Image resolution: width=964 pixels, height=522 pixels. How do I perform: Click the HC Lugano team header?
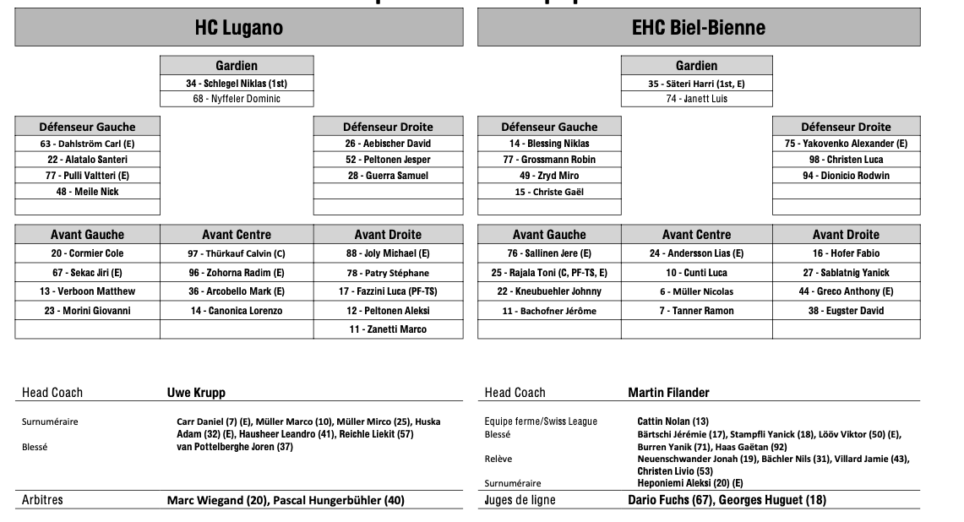click(239, 28)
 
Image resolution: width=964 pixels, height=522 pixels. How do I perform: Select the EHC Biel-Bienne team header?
click(698, 28)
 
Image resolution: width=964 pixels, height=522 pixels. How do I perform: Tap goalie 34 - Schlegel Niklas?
click(237, 84)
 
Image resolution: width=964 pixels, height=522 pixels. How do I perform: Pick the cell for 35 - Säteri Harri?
click(696, 84)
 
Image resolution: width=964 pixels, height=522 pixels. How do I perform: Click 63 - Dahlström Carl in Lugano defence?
click(88, 144)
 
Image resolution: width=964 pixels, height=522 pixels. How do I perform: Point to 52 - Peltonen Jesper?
click(388, 160)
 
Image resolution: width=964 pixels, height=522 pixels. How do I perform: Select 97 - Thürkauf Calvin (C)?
click(237, 253)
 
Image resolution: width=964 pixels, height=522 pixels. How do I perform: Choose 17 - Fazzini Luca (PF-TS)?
click(388, 291)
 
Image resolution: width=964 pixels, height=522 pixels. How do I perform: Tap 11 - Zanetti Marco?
click(388, 329)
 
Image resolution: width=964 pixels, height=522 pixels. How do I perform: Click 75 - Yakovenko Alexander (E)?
click(846, 144)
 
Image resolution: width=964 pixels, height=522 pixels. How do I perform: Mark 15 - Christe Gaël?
click(549, 192)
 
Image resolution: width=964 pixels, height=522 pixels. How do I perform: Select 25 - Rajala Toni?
click(549, 273)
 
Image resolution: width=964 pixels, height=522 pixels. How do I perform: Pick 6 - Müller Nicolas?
click(696, 291)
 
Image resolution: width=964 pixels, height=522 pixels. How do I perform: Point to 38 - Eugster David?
click(846, 311)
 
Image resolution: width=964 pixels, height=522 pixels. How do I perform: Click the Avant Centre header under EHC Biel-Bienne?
click(696, 235)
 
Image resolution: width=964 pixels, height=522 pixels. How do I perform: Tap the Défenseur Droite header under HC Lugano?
click(388, 127)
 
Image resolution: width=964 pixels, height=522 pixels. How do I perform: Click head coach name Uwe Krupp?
click(196, 393)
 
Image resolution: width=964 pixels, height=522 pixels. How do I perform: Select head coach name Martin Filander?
click(668, 393)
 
